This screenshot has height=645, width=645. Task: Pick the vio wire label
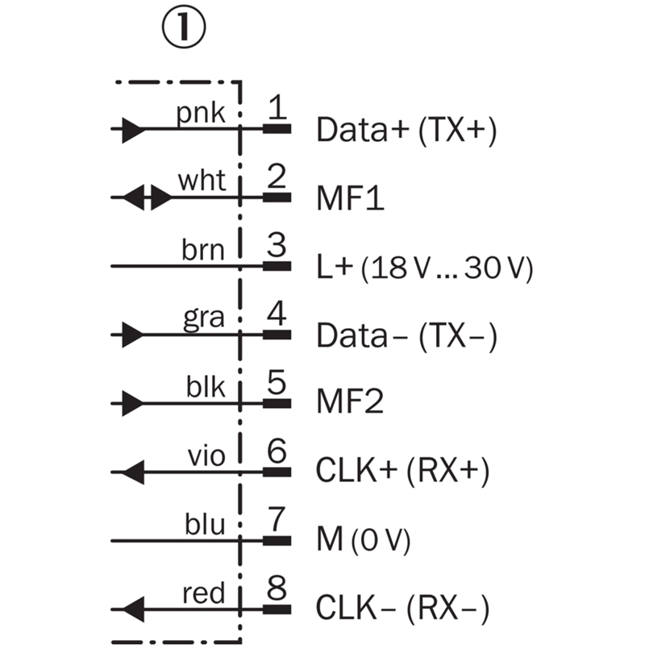coord(205,456)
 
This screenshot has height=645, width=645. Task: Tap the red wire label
coord(204,593)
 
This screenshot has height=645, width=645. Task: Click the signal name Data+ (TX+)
coord(406,130)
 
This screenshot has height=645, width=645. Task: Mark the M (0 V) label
coord(364,539)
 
